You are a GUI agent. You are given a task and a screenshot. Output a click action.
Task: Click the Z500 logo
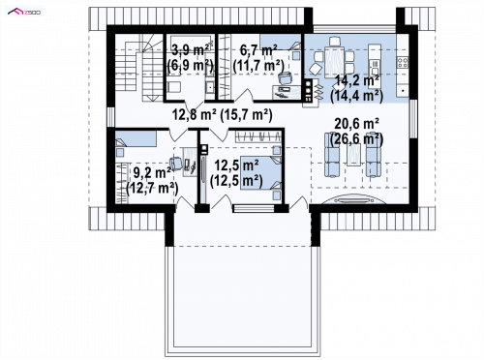tap(24, 12)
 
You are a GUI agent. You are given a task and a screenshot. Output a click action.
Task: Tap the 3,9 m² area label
tap(190, 50)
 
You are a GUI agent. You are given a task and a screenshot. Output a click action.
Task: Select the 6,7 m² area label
tap(258, 50)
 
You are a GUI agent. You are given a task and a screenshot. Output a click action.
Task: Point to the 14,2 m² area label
tap(357, 80)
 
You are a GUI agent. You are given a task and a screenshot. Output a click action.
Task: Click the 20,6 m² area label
tap(357, 123)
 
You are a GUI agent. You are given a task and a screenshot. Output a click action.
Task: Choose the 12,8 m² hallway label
tap(194, 114)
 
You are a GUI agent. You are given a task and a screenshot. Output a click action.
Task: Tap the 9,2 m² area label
tap(152, 173)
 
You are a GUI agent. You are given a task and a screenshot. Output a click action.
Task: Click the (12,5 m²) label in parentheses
tap(236, 181)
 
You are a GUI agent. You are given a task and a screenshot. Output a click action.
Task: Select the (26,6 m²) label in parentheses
tap(357, 139)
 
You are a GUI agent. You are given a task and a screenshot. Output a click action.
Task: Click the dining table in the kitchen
tap(335, 62)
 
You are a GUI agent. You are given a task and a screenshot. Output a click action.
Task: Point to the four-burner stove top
tap(403, 62)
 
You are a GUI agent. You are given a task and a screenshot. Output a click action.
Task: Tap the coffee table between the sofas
tap(353, 154)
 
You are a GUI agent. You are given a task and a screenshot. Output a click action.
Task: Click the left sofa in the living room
tap(332, 155)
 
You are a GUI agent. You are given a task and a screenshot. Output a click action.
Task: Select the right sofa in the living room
tap(373, 155)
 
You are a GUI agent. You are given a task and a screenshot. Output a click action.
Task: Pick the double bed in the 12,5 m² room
tap(260, 172)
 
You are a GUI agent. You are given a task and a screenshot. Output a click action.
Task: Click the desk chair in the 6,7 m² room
tap(285, 77)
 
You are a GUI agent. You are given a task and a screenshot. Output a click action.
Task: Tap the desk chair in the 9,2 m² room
tap(175, 164)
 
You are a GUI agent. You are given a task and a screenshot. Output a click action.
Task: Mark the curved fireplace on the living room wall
tap(354, 200)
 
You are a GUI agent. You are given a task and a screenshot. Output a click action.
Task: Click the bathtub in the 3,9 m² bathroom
tap(191, 42)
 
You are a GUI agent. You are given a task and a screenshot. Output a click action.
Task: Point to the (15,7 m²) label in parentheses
tap(246, 114)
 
